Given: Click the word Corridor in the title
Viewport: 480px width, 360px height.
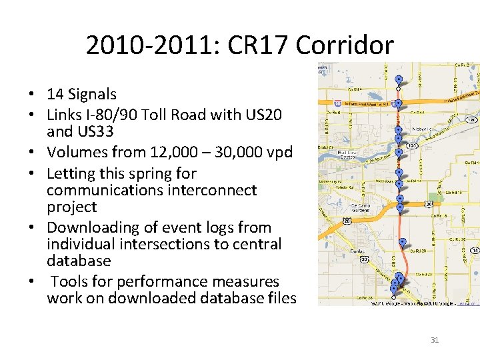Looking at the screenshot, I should [x=344, y=46].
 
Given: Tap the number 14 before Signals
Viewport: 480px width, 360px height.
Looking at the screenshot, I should [x=55, y=95].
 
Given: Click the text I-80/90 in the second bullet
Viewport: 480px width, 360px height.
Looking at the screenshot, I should [x=107, y=115].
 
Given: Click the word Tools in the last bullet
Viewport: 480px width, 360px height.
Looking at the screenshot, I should [x=70, y=281].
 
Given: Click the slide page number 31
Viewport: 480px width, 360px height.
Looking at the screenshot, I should [x=435, y=340].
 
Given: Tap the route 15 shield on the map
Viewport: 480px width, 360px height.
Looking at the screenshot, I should [x=475, y=250].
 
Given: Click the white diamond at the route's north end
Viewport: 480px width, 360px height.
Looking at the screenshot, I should [x=398, y=89].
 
